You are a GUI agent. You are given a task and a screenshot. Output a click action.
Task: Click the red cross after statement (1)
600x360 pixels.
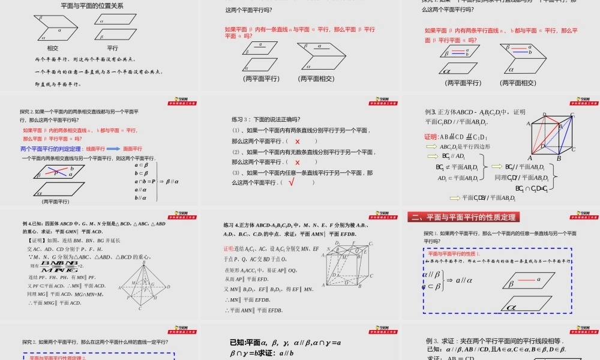(298, 141)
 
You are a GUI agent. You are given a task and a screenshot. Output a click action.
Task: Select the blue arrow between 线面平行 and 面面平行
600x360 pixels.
(113, 148)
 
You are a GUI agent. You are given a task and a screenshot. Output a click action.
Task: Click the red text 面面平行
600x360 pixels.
(133, 148)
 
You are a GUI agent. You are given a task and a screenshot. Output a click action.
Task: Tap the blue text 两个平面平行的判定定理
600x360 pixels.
(51, 148)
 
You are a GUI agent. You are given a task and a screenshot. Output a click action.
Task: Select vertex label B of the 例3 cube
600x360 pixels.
(559, 158)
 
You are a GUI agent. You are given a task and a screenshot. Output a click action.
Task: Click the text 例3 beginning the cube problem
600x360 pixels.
(430, 112)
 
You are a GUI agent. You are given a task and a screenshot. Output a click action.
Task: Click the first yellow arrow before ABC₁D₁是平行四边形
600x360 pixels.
(431, 146)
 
